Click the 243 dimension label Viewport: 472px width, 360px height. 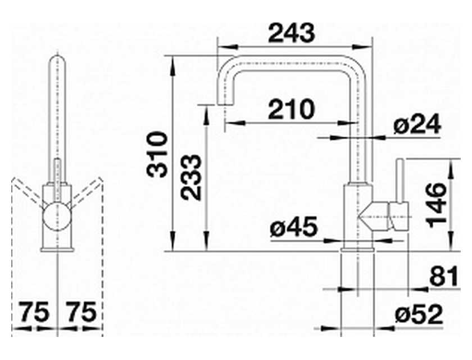(x=291, y=33)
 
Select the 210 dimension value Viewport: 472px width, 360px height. (x=291, y=109)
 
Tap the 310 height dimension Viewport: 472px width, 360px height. (x=157, y=154)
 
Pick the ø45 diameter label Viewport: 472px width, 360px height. (x=293, y=227)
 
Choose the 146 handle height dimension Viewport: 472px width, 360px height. (x=436, y=205)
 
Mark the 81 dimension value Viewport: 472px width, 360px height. (x=444, y=276)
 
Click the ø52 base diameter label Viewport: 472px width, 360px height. (x=419, y=314)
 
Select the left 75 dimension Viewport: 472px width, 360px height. (x=34, y=312)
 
